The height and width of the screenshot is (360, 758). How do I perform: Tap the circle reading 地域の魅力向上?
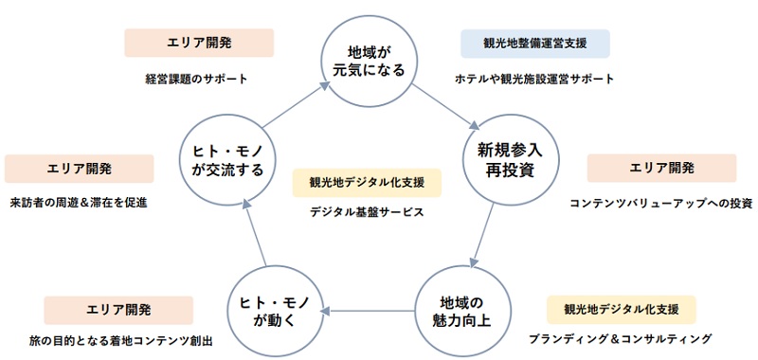coord(457,305)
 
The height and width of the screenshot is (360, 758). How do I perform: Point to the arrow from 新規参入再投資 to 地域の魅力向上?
coord(482,232)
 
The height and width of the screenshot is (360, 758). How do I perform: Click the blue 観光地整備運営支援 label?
coord(534,44)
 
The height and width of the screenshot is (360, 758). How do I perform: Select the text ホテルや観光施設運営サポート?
coord(534,80)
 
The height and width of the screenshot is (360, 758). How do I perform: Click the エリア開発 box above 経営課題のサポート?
coord(199,44)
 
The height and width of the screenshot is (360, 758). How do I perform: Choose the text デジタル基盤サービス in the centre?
coord(367,212)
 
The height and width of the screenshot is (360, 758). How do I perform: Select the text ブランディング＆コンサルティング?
coord(620,339)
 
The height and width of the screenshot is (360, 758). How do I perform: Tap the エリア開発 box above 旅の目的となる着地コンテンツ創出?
coord(118,310)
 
